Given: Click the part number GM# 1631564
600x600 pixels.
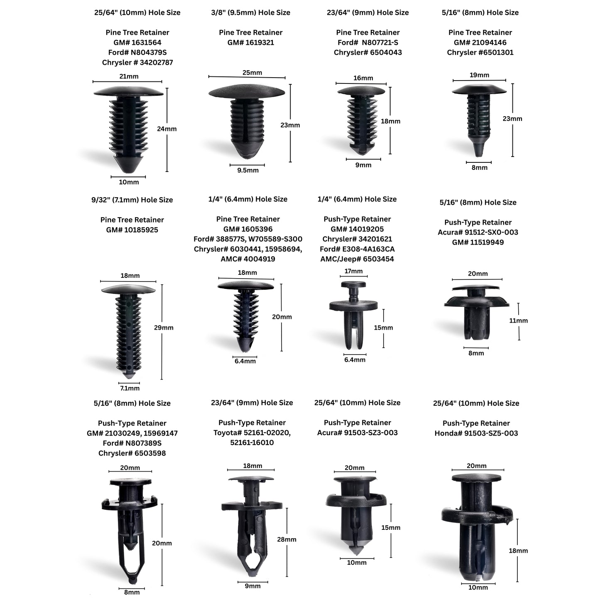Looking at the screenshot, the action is coord(137,42).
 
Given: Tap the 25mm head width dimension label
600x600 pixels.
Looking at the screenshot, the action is coord(252,73).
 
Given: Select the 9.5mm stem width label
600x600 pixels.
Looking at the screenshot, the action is coord(248,170).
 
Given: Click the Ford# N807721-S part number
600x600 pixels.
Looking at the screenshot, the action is coord(368,42).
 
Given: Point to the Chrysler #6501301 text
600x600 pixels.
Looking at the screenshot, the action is coord(480,52).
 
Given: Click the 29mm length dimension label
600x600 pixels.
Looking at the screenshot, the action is coord(164,328).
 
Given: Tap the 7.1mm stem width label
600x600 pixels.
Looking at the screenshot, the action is coord(130,388).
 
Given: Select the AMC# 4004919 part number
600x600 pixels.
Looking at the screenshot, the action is coord(248,259).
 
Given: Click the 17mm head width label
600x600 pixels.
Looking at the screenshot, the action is coord(353,271).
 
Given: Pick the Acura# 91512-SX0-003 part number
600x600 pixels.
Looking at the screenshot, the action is coord(478,232).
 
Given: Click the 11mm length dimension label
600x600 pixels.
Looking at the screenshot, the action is coord(519,321).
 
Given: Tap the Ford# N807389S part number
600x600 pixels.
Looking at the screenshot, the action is coord(132,443).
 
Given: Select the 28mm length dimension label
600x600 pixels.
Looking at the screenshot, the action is coord(287,540).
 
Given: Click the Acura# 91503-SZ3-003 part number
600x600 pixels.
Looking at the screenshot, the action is coord(358,433).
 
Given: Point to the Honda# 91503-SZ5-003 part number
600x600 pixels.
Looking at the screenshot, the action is coord(476,433).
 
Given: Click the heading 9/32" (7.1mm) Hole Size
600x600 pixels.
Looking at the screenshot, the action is coord(132,200).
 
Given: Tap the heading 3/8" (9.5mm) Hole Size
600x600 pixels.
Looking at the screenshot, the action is coord(251,12).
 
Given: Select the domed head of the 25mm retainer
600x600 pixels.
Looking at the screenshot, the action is coord(247,91).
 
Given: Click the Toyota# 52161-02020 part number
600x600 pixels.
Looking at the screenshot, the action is coord(252,433).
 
